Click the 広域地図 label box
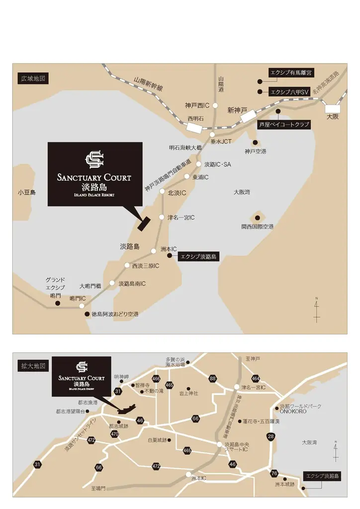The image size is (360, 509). pyautogui.click(x=33, y=79)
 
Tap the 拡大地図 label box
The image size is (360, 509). pyautogui.click(x=33, y=366)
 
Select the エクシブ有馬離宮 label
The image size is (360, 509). pyautogui.click(x=291, y=73)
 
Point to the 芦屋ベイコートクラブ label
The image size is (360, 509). pyautogui.click(x=284, y=124)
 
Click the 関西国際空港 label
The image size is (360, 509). pyautogui.click(x=258, y=227)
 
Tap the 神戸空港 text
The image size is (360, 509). pyautogui.click(x=256, y=151)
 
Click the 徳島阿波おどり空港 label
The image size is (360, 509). pyautogui.click(x=115, y=314)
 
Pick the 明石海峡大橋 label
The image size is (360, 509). pyautogui.click(x=185, y=148)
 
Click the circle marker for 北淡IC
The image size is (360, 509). pyautogui.click(x=162, y=191)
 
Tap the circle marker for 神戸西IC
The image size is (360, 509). pyautogui.click(x=215, y=105)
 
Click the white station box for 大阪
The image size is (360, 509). pyautogui.click(x=332, y=108)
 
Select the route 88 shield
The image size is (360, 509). pyautogui.click(x=213, y=379)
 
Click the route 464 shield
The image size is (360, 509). pyautogui.click(x=256, y=379)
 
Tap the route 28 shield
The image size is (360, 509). pyautogui.click(x=271, y=436)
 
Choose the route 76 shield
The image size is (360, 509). pyautogui.click(x=274, y=473)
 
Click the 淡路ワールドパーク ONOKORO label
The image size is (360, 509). pyautogui.click(x=300, y=409)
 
